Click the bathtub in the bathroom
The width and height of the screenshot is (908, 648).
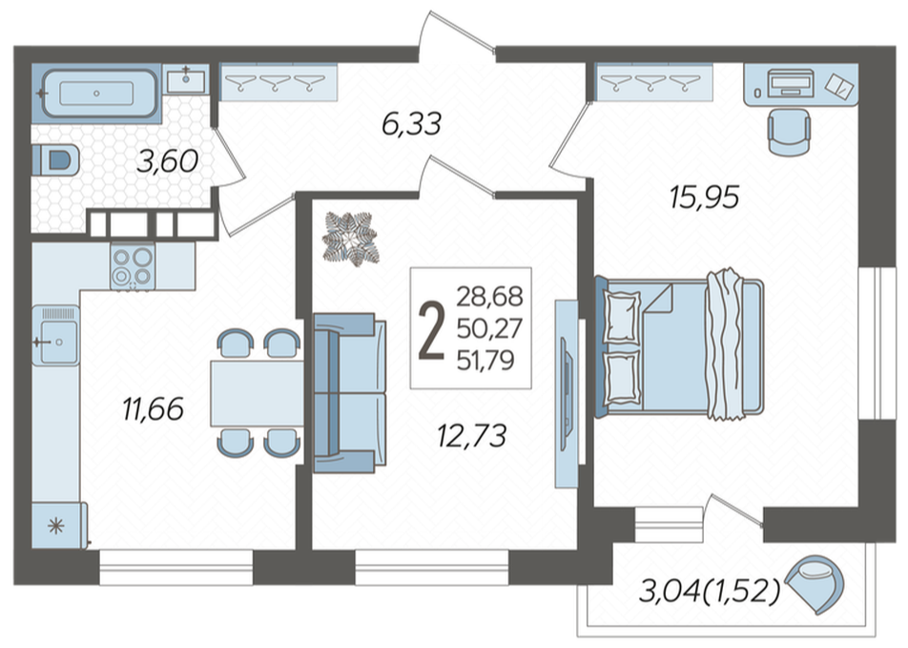(95, 93)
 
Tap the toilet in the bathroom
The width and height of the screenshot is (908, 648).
(55, 159)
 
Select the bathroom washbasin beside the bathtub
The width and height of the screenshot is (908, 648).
(185, 79)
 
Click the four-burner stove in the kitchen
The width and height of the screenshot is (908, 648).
(133, 265)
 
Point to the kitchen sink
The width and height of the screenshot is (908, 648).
(55, 335)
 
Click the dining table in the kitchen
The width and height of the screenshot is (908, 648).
(258, 393)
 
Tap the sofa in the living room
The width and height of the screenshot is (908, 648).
(350, 393)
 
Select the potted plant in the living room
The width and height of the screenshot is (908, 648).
(352, 239)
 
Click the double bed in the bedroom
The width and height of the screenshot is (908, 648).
(679, 346)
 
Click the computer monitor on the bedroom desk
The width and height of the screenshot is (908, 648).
(791, 82)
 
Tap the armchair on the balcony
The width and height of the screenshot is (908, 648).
(815, 584)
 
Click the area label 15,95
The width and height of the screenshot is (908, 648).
(704, 199)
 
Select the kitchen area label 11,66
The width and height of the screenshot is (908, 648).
(153, 409)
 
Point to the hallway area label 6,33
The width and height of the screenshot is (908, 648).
(412, 123)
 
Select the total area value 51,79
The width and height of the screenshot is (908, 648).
(485, 361)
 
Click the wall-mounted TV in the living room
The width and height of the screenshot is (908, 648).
(567, 393)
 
